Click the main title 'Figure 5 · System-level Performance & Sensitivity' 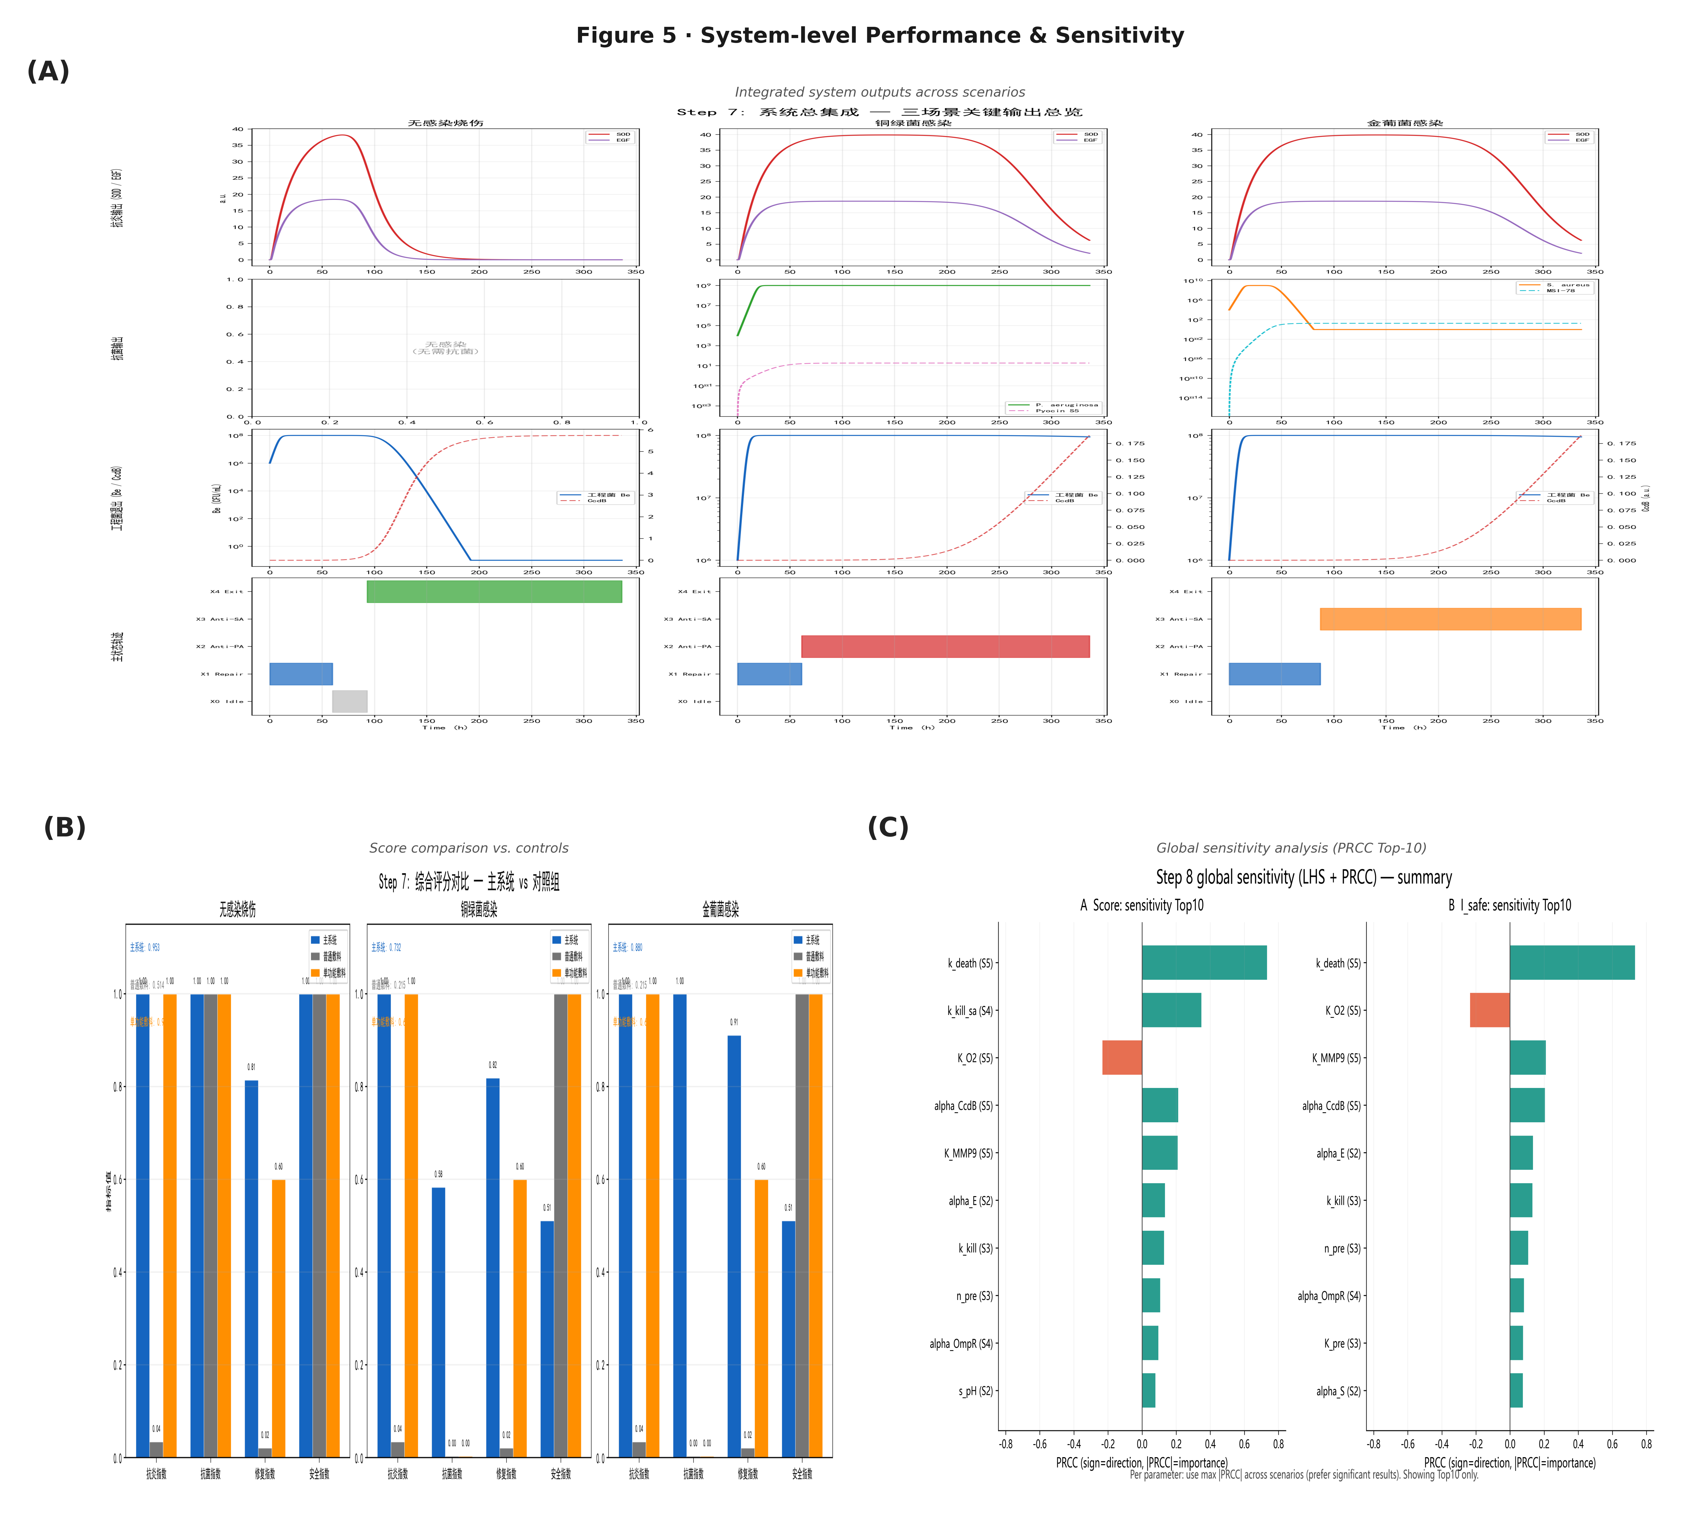[x=880, y=36]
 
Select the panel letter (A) [x=48, y=72]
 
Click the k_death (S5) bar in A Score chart [x=1204, y=963]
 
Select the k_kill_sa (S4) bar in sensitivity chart [x=1171, y=1010]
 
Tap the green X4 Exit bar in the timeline [x=494, y=591]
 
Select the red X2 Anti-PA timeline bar [x=945, y=646]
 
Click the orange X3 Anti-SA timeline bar [x=1450, y=619]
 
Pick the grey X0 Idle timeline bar [x=350, y=701]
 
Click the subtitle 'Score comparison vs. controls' [x=469, y=848]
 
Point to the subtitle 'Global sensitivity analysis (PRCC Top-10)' [x=1291, y=848]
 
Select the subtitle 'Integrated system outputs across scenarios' [x=880, y=93]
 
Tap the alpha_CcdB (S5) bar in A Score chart [x=1159, y=1105]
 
